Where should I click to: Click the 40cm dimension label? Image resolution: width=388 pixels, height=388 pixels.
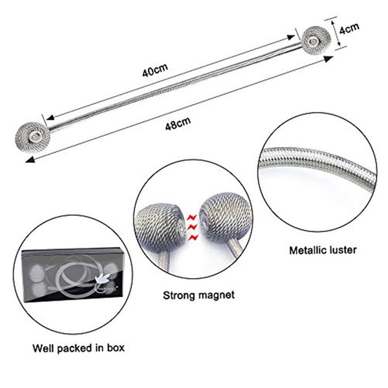click(x=155, y=70)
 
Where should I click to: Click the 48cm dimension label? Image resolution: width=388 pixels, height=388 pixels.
click(x=178, y=124)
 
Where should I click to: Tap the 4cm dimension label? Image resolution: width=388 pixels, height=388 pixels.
click(x=349, y=29)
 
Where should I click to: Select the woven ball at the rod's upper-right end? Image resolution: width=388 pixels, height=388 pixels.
click(x=314, y=41)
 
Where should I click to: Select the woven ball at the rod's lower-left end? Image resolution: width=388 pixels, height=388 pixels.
click(x=33, y=137)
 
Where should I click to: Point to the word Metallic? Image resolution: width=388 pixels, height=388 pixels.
click(x=307, y=250)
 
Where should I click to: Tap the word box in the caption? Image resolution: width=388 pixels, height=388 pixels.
click(x=116, y=348)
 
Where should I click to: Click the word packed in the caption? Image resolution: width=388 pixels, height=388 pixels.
click(x=75, y=349)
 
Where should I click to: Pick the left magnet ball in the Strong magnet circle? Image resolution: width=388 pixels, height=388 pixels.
click(x=160, y=226)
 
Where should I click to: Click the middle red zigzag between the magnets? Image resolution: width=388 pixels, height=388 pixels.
click(x=193, y=227)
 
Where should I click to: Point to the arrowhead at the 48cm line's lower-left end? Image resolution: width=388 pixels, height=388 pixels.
click(x=30, y=160)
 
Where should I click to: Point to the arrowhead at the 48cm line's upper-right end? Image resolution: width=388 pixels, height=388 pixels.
click(x=329, y=59)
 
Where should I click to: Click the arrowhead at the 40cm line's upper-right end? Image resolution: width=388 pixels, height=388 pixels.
click(x=290, y=38)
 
